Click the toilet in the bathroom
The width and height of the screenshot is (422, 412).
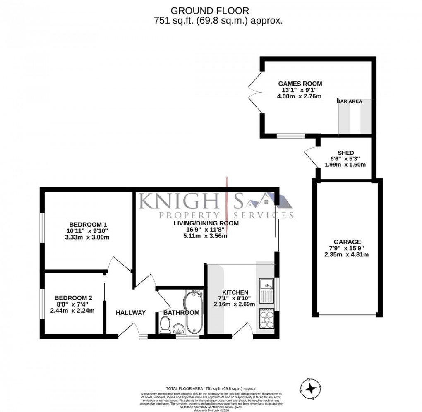coord(165,325)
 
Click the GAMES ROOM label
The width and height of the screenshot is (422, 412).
coord(300,84)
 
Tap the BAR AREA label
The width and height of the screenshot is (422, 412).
coord(350,101)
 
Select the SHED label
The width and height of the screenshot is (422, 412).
coord(345,153)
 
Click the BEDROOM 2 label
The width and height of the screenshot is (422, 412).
coord(73,298)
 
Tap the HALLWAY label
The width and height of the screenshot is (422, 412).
coord(130,313)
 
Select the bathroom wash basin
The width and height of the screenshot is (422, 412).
coord(179,329)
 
